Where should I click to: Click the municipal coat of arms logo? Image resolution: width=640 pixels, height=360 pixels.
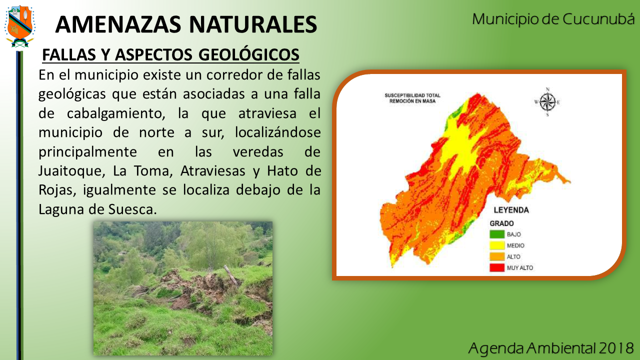pyautogui.click(x=19, y=26)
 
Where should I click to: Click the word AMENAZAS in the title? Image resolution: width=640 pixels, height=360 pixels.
pyautogui.click(x=118, y=24)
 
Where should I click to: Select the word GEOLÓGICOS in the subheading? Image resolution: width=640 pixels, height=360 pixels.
pyautogui.click(x=249, y=54)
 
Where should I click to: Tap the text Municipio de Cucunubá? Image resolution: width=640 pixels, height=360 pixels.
pyautogui.click(x=553, y=19)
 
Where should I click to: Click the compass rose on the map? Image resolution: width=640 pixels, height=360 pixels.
pyautogui.click(x=547, y=102)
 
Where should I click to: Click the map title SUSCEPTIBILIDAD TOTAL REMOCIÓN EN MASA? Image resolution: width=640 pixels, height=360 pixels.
pyautogui.click(x=412, y=98)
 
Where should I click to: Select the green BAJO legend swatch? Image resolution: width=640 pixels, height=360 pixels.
pyautogui.click(x=497, y=234)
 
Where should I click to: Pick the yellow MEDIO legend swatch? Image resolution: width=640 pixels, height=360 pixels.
pyautogui.click(x=497, y=245)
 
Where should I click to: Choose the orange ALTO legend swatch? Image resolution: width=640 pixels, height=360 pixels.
pyautogui.click(x=497, y=256)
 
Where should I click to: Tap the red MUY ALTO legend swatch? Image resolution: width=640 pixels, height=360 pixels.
pyautogui.click(x=497, y=267)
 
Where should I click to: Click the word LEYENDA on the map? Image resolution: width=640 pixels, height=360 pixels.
pyautogui.click(x=511, y=210)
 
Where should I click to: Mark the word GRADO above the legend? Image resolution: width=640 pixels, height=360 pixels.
pyautogui.click(x=501, y=223)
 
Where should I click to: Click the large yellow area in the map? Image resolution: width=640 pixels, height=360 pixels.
pyautogui.click(x=461, y=148)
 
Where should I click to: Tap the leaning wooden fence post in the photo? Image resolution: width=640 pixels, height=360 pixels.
pyautogui.click(x=231, y=275)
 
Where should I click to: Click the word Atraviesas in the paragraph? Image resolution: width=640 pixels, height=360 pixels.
pyautogui.click(x=213, y=171)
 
